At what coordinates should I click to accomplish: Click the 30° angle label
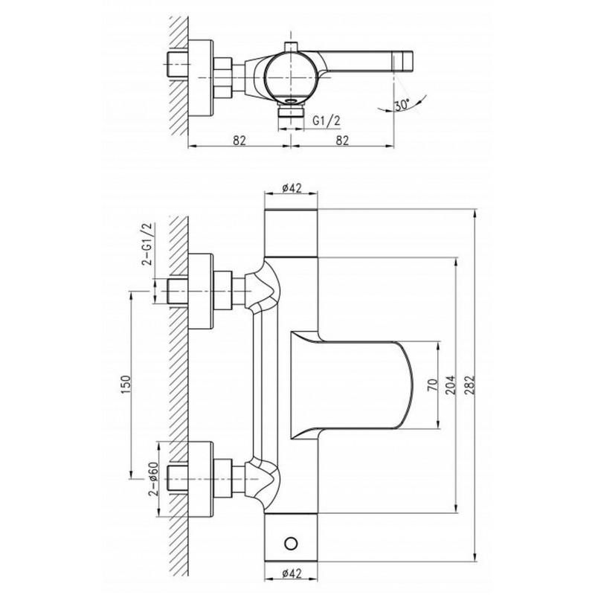coord(402,104)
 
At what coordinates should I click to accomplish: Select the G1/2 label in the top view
coord(327,121)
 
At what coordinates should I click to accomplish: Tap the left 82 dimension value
coord(239,140)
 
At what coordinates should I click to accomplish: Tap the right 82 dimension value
coord(342,140)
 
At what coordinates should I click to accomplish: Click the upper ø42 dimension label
coord(292,187)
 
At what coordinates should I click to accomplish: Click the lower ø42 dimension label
coord(292,573)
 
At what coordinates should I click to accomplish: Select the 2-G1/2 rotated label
coord(147,243)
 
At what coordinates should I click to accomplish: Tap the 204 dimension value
coord(451,385)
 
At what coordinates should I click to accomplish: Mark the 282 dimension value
coord(470,385)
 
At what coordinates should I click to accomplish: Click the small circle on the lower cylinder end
coord(291,543)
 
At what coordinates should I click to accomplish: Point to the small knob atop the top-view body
coord(291,47)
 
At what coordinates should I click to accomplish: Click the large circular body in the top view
coord(290,77)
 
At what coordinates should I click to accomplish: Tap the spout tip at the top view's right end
coord(403,61)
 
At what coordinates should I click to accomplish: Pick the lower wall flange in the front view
coord(201,479)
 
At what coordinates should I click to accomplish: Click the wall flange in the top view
coord(201,78)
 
